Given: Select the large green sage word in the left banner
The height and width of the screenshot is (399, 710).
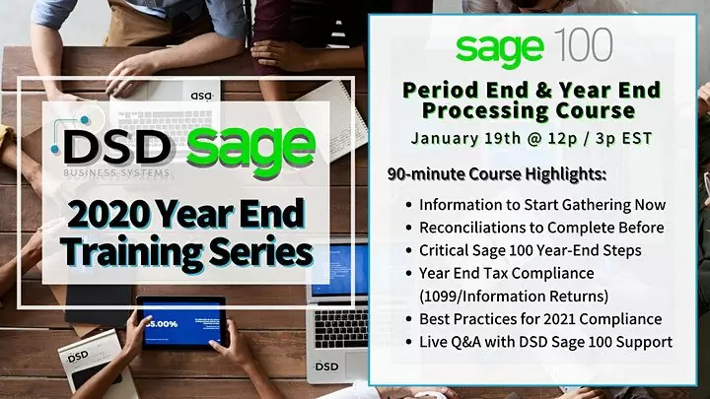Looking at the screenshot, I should coord(250,147).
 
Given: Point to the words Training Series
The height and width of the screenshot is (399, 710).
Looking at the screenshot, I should coord(185,251).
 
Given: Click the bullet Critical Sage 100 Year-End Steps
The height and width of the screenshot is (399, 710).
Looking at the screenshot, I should coord(530,250).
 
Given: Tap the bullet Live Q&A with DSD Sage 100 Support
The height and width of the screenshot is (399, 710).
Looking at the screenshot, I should coord(545,342).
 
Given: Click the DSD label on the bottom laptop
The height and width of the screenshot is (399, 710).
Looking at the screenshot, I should coord(327,366).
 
